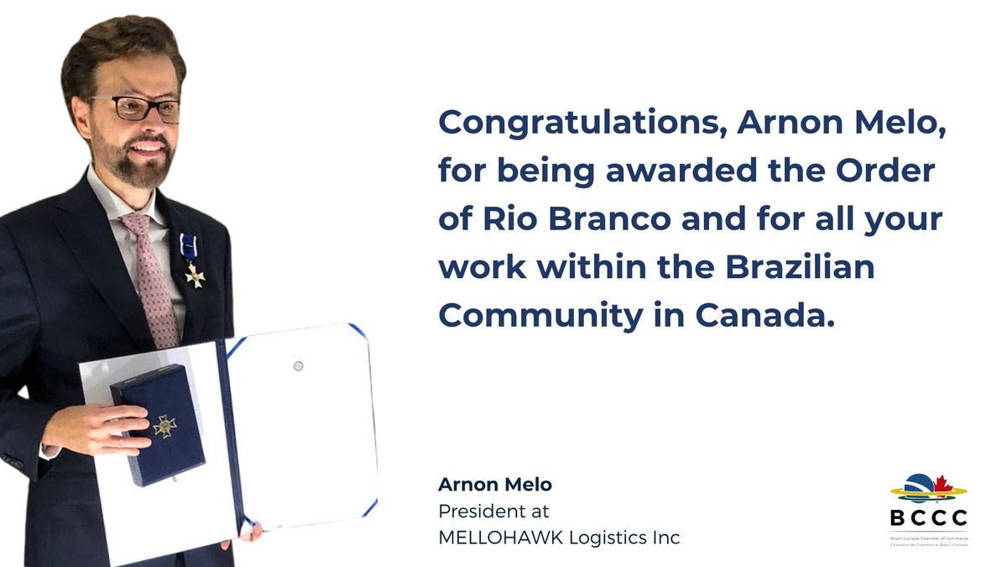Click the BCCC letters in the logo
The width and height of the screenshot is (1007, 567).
pyautogui.click(x=927, y=517)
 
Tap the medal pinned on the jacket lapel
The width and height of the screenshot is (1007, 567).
pyautogui.click(x=194, y=273)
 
